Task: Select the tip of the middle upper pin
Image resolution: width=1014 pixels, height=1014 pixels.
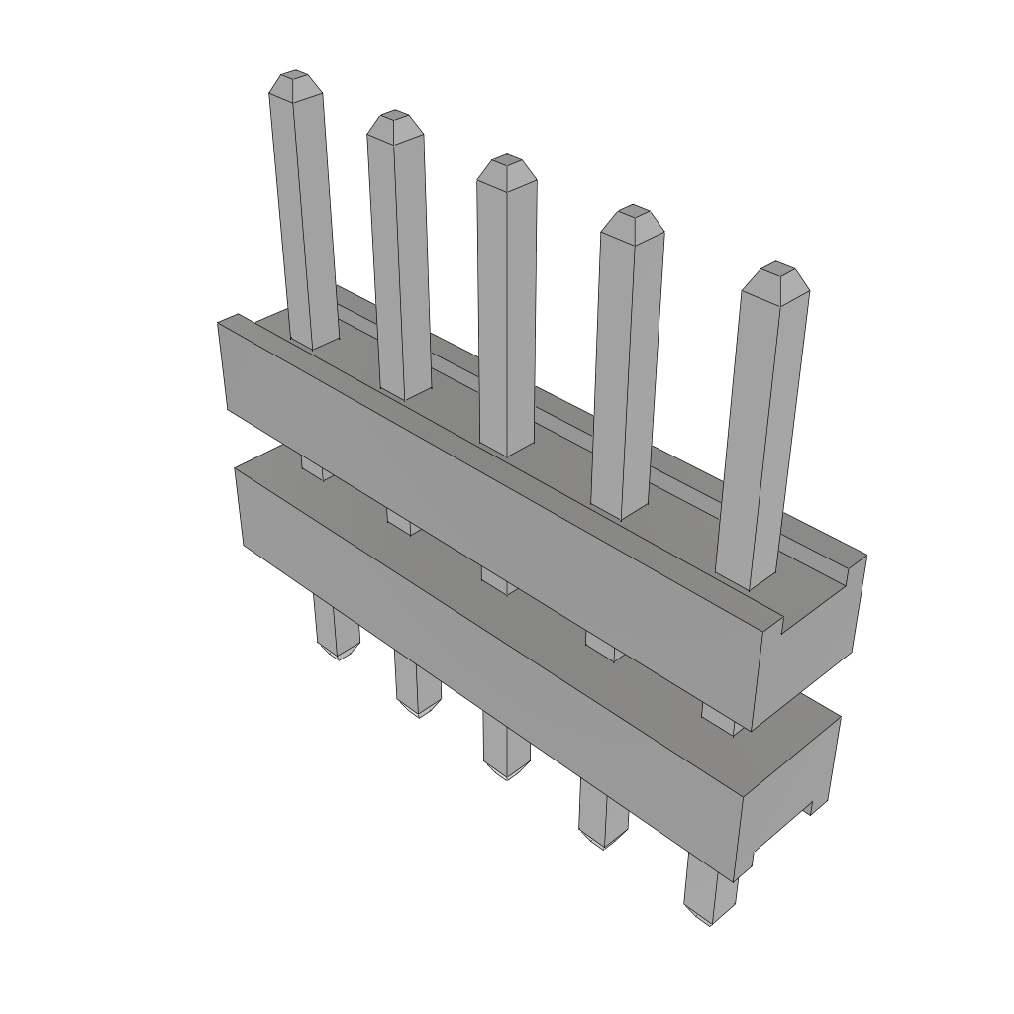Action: click(x=506, y=164)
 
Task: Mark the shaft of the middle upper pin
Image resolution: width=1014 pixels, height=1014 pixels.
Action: click(x=507, y=317)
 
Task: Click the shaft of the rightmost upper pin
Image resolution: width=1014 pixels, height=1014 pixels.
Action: click(x=762, y=436)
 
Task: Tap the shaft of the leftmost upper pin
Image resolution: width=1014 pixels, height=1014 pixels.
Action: click(x=304, y=218)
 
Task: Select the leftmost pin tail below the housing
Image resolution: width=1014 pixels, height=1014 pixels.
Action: click(x=336, y=630)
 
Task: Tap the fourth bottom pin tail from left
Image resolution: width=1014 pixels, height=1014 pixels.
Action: click(x=602, y=812)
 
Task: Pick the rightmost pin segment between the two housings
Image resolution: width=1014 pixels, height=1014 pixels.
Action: click(x=719, y=718)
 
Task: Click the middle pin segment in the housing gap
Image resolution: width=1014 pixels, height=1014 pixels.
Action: click(x=498, y=580)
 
